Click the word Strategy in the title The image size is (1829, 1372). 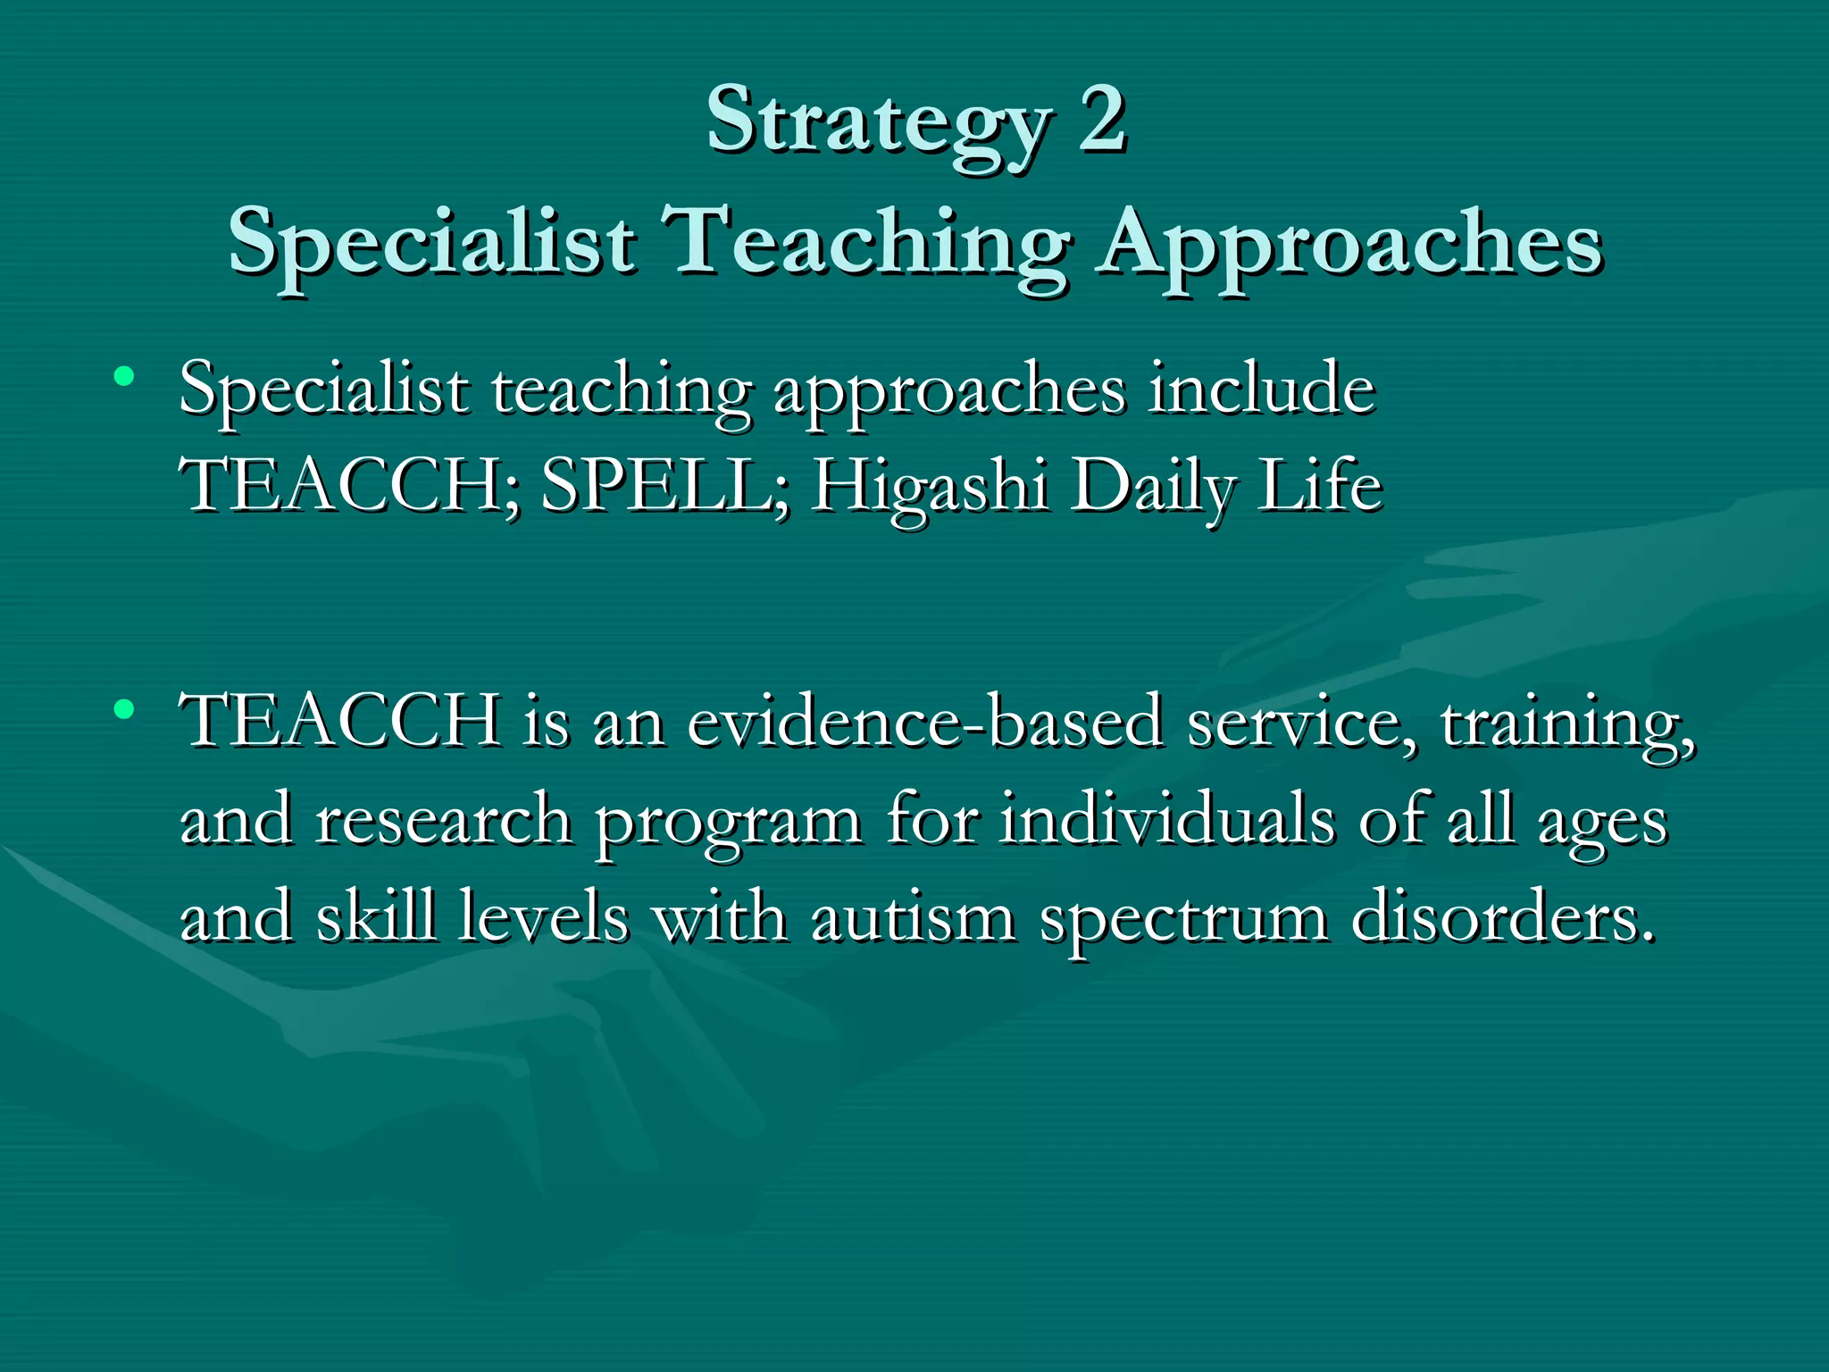879,125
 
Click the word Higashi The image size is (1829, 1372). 929,489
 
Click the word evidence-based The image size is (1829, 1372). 925,722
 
